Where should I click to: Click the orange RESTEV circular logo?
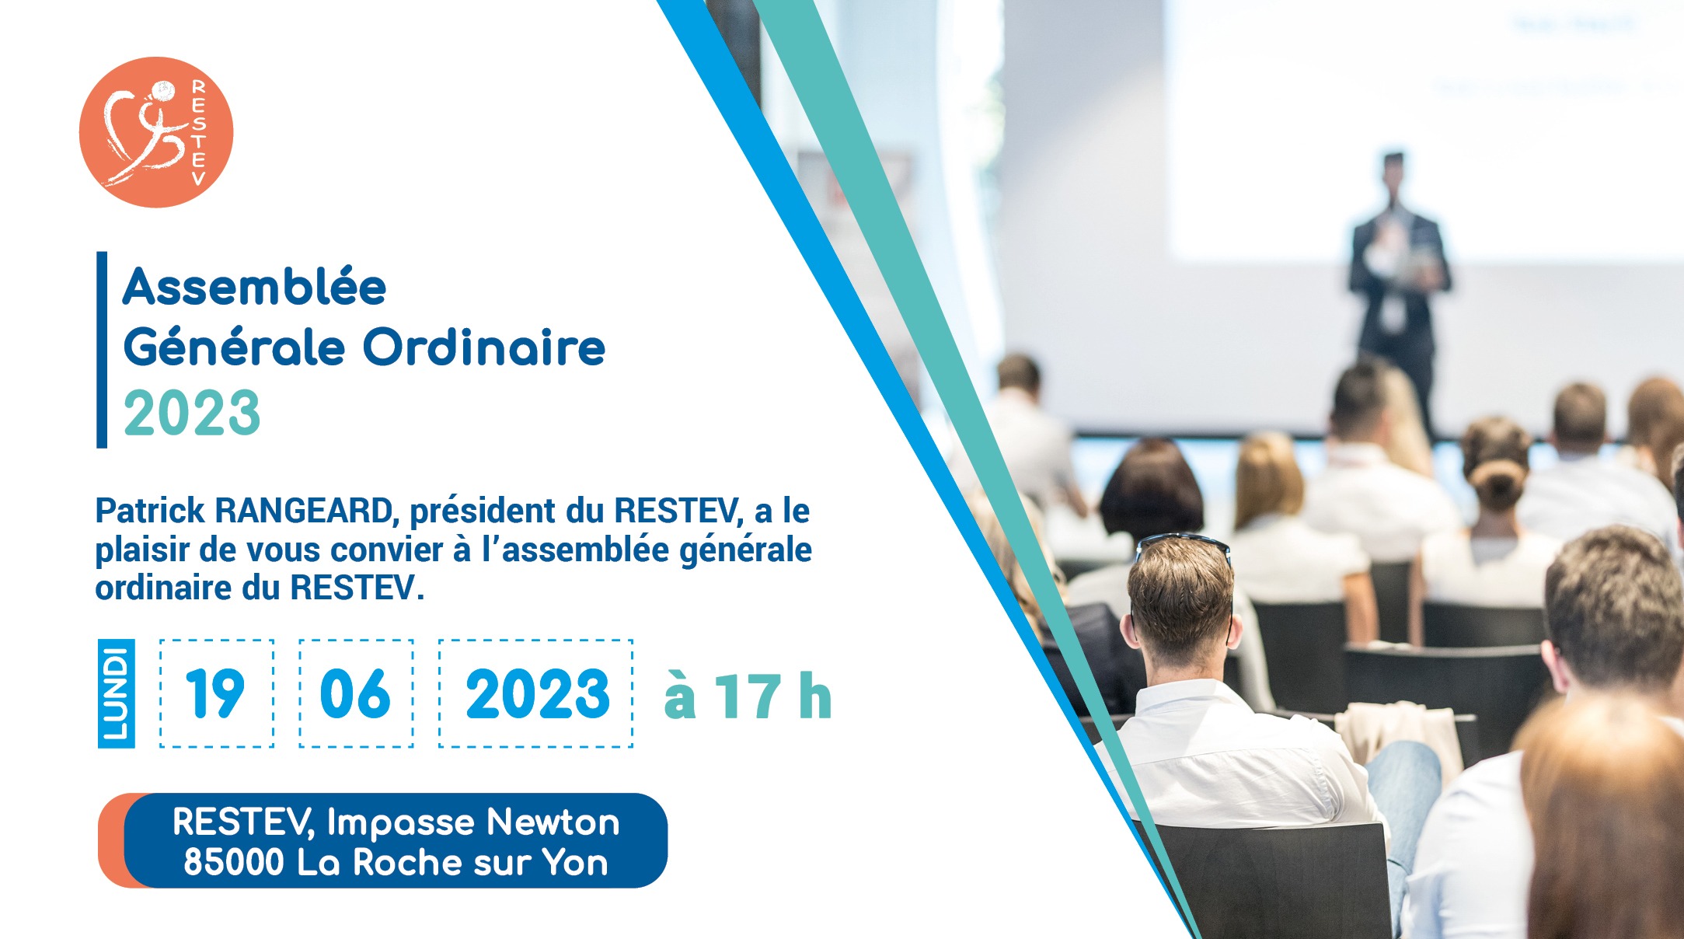coord(156,132)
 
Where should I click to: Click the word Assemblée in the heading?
coord(255,287)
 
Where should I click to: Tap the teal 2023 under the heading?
coord(192,413)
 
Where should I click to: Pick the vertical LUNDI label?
coord(116,693)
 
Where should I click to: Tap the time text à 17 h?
coord(748,696)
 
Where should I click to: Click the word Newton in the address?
coord(553,822)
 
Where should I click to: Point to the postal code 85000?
coord(234,862)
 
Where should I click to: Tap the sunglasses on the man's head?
coord(1182,544)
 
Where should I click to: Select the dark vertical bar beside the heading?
coord(102,350)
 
